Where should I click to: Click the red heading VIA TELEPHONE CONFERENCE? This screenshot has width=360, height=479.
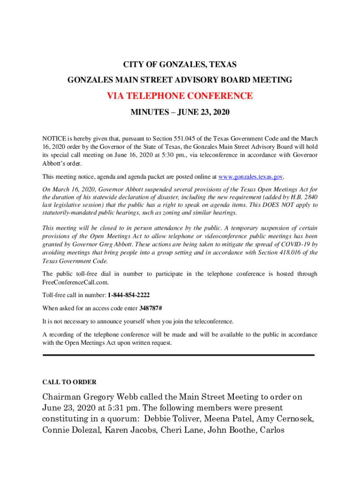[180, 96]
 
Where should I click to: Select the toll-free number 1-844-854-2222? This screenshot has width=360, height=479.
[129, 296]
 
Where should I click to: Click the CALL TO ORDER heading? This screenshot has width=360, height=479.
[69, 382]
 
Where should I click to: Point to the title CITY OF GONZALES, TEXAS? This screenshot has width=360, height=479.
[180, 64]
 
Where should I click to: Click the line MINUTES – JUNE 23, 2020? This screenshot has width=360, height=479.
[180, 113]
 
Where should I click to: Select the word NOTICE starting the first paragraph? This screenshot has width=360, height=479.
[53, 139]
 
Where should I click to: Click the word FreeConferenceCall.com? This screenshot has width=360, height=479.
[75, 283]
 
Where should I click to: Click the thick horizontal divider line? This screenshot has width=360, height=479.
[179, 355]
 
